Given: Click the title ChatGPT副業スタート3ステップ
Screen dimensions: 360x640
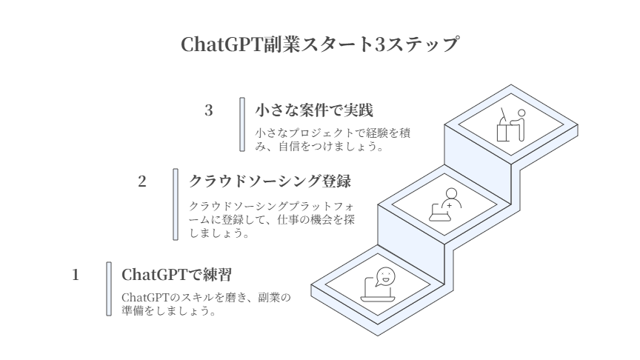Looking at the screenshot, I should pyautogui.click(x=319, y=44).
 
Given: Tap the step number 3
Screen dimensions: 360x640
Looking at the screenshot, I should pyautogui.click(x=209, y=110).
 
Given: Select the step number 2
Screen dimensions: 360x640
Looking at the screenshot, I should pyautogui.click(x=142, y=181).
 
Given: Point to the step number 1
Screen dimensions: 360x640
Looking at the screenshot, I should pyautogui.click(x=76, y=275).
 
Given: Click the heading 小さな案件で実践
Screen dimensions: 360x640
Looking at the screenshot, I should pyautogui.click(x=313, y=110).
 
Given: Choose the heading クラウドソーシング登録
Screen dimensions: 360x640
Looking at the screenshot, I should pyautogui.click(x=270, y=181).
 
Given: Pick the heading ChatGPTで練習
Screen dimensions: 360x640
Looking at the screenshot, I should pyautogui.click(x=176, y=275).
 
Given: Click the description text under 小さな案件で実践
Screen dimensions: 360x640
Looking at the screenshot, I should pyautogui.click(x=332, y=139).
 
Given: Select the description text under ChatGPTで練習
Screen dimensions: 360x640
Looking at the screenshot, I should pyautogui.click(x=206, y=304).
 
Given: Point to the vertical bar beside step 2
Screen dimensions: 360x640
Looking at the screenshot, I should pyautogui.click(x=176, y=204).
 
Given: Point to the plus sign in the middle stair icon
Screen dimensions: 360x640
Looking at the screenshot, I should pyautogui.click(x=450, y=203).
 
